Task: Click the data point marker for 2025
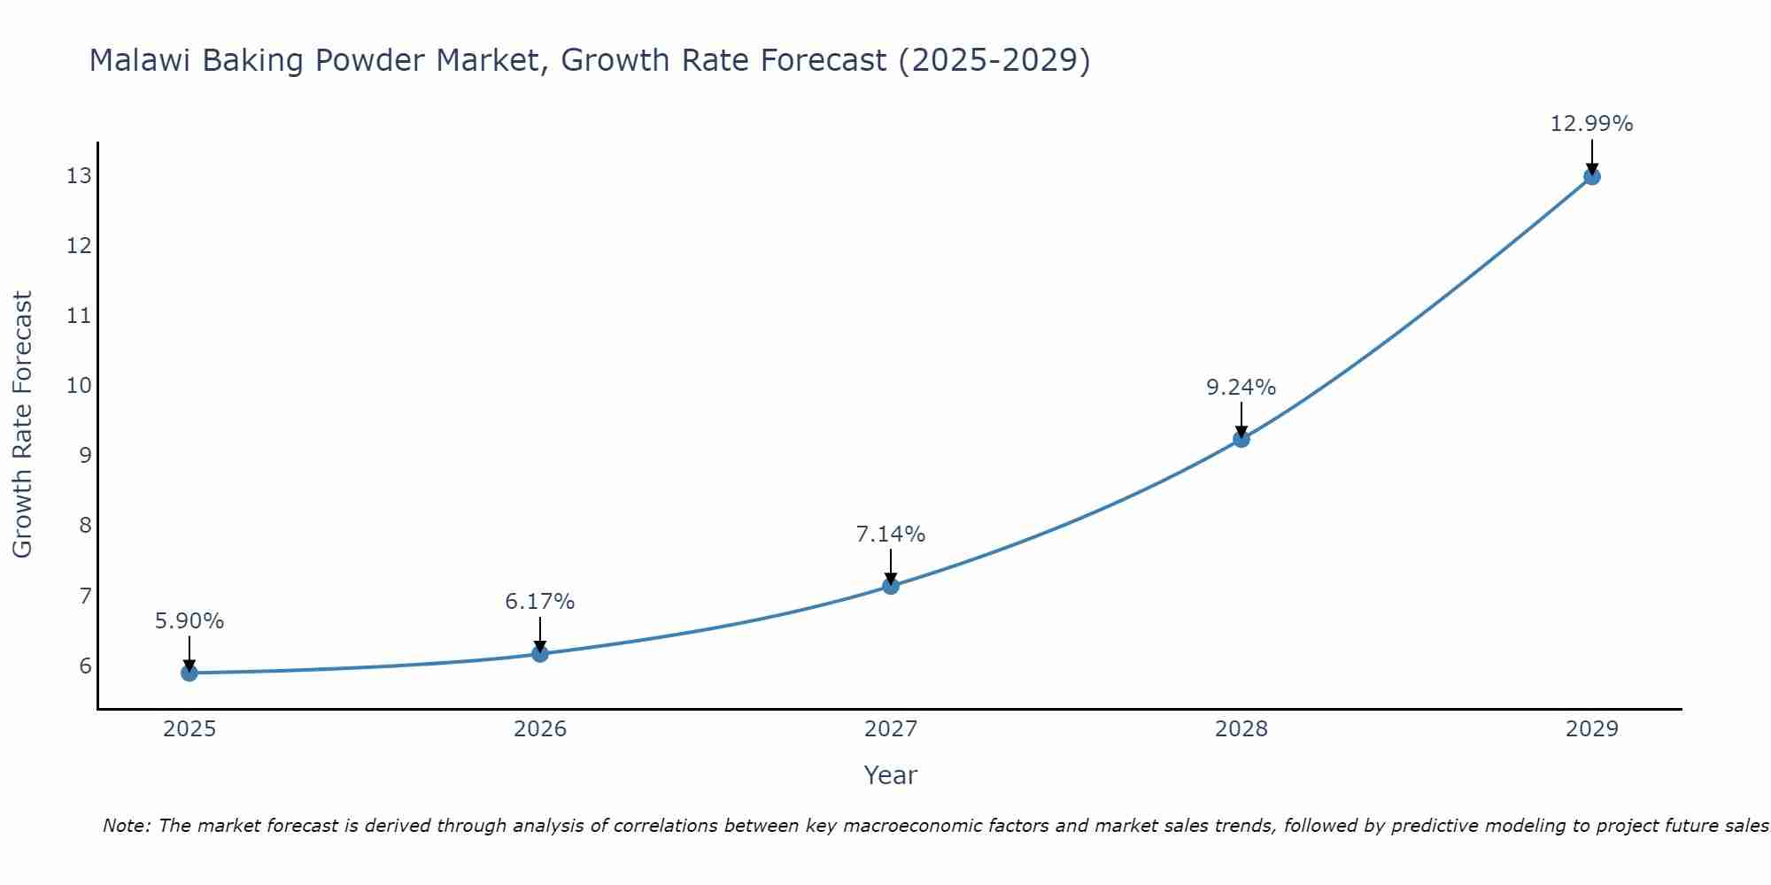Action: [189, 673]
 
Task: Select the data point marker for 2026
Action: [540, 654]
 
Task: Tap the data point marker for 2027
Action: [891, 586]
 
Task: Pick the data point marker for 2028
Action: [1241, 439]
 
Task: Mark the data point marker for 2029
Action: [1592, 176]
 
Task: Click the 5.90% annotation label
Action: [189, 621]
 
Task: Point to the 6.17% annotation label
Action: [540, 602]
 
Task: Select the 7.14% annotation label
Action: [891, 535]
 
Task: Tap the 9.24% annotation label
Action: [1241, 388]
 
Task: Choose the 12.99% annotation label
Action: [1591, 124]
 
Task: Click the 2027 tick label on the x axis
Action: [891, 729]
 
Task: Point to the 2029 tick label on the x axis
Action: [1592, 729]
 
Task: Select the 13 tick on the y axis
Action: [79, 176]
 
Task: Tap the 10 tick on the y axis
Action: [79, 386]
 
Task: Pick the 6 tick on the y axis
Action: [85, 666]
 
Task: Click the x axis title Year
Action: [891, 775]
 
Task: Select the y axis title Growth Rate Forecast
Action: [22, 425]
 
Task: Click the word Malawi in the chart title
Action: [142, 60]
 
